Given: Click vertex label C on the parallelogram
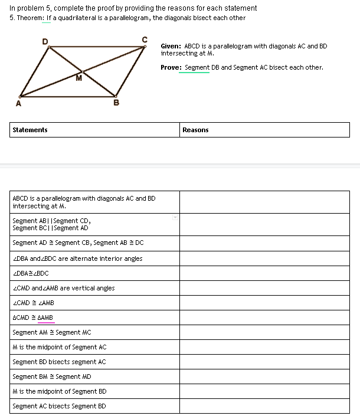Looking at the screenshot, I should tap(144, 40).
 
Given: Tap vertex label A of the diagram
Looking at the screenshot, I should tap(18, 104).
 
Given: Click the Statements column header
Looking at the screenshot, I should tap(30, 130).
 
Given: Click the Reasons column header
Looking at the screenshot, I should tap(195, 130).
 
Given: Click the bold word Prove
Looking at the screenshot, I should tap(171, 67).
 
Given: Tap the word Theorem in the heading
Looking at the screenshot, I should tap(30, 18).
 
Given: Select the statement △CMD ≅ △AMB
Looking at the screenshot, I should tap(33, 317).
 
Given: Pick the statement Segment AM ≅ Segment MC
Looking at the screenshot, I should tap(52, 332).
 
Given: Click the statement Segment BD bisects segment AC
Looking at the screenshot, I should tap(59, 362).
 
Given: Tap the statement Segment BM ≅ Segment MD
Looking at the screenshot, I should tap(52, 377).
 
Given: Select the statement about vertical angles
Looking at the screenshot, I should tap(64, 288).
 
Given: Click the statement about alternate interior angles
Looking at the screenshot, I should tap(77, 258).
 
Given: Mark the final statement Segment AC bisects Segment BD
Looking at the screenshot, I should tap(59, 406).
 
